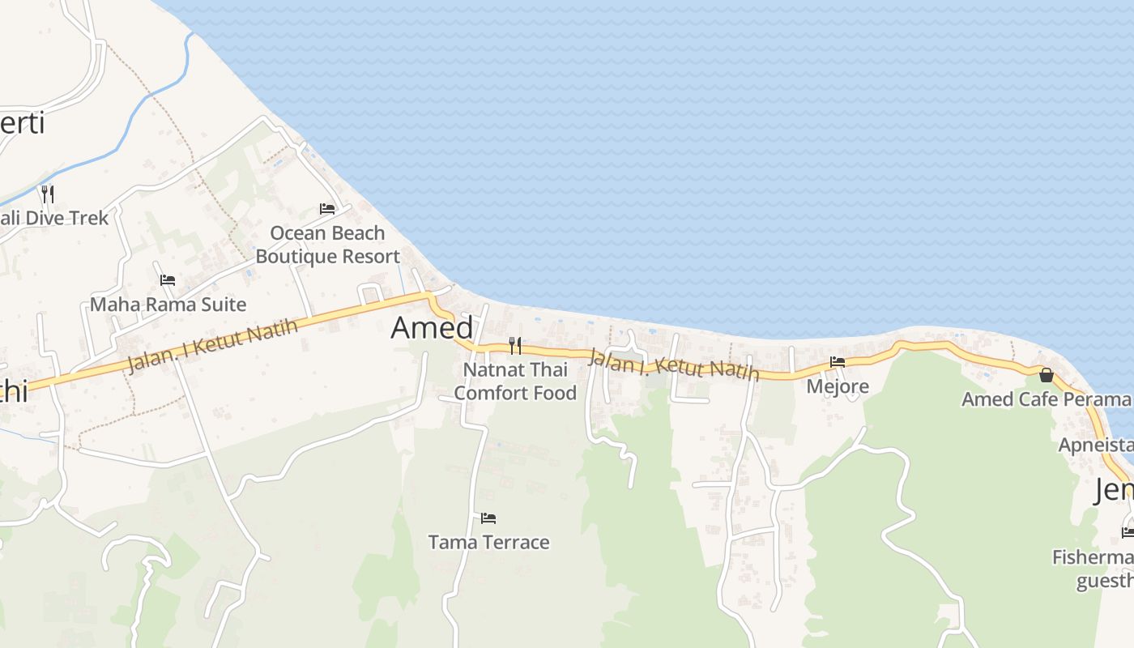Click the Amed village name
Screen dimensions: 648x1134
click(x=432, y=327)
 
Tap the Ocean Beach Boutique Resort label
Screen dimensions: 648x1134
click(x=327, y=245)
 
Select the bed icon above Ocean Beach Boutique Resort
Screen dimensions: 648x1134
click(x=327, y=209)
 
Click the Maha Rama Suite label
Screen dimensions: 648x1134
click(x=168, y=305)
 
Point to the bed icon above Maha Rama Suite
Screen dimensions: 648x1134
click(x=168, y=280)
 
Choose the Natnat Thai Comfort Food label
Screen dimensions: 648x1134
click(x=515, y=382)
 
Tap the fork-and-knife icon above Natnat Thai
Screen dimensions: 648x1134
click(x=515, y=346)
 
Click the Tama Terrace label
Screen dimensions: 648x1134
click(x=488, y=542)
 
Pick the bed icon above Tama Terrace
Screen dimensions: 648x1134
click(x=488, y=518)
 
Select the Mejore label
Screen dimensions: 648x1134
click(x=838, y=386)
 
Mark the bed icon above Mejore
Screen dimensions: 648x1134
click(x=838, y=362)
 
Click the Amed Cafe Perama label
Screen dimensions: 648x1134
click(x=1046, y=399)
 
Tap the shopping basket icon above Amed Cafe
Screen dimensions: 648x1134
click(x=1047, y=375)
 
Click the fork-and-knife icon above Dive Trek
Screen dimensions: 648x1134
click(x=48, y=194)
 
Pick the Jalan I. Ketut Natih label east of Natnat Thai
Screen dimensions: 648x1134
click(x=674, y=364)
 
